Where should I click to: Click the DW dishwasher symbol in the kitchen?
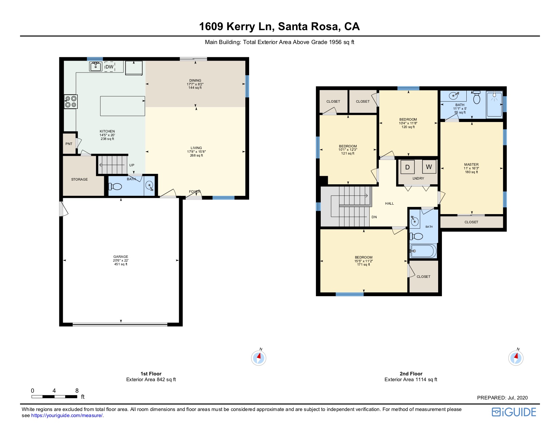pos(109,67)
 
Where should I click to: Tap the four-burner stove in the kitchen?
pos(71,102)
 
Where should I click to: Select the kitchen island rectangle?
pos(123,106)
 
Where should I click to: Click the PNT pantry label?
pos(69,144)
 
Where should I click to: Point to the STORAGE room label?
pos(79,179)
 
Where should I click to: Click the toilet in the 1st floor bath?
pos(115,186)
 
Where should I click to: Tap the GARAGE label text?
pos(120,256)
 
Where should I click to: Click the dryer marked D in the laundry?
pos(407,167)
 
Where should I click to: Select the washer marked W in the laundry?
pos(429,167)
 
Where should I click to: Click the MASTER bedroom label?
pos(471,164)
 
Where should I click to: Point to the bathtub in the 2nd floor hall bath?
pos(423,251)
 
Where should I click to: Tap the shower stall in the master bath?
pos(494,104)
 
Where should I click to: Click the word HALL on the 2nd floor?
pos(389,204)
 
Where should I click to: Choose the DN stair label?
pos(374,217)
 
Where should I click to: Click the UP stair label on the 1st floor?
pos(132,165)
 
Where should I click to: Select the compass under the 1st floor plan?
pos(259,357)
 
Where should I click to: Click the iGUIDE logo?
pos(514,412)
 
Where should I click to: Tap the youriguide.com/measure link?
pos(67,415)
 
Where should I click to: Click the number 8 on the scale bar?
pos(77,391)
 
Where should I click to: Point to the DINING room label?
pos(195,81)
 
